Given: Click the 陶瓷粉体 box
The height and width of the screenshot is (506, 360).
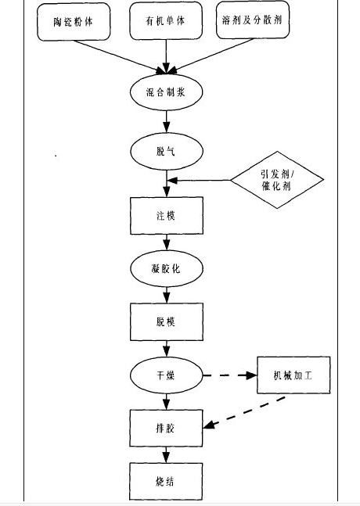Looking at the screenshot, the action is [74, 22].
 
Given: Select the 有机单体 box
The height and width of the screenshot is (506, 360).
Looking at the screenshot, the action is [166, 20].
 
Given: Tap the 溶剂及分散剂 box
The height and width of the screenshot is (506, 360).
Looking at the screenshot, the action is [253, 20].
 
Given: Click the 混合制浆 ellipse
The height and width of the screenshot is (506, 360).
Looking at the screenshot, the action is [166, 92].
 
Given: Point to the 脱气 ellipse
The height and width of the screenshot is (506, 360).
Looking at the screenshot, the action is [167, 151].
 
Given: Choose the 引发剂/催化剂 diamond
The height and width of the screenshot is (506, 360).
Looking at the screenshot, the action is [277, 180].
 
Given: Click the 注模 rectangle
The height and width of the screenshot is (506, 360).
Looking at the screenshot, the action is [167, 216].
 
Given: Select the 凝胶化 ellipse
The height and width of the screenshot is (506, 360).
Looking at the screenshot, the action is [167, 268].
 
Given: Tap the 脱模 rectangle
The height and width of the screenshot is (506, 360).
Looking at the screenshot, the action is [167, 321].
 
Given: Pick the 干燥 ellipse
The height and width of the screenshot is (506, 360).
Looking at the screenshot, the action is [166, 375].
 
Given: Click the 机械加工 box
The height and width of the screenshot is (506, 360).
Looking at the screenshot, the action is [293, 375].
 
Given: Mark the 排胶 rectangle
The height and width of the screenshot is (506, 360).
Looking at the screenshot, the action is [166, 429].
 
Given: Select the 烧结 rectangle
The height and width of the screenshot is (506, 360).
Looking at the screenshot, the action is [166, 482].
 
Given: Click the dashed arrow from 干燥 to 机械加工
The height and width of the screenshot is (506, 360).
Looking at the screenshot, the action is [230, 375].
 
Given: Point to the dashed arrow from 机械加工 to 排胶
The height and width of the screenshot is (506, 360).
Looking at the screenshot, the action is [244, 413].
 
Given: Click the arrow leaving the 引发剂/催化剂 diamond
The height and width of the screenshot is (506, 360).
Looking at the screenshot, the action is [200, 181].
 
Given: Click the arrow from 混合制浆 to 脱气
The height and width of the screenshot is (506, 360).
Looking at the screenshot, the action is [167, 122].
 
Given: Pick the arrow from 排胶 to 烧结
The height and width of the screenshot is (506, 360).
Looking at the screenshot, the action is [166, 455].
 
